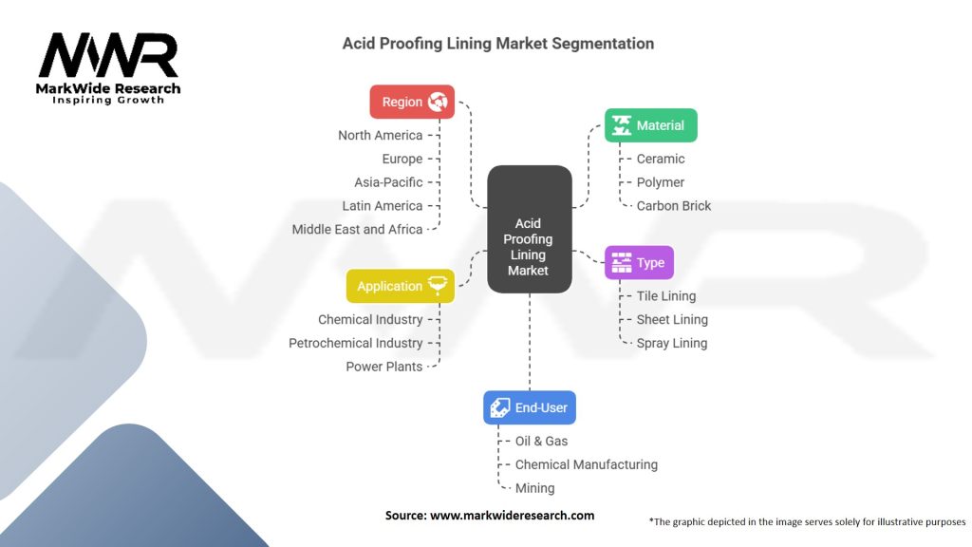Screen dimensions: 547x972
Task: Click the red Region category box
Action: [412, 102]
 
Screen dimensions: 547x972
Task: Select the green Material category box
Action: [650, 125]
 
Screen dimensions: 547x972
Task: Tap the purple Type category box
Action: [639, 263]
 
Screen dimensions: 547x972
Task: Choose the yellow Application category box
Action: [401, 286]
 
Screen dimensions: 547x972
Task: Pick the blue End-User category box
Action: [530, 407]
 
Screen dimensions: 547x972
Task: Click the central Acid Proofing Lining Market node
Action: [529, 228]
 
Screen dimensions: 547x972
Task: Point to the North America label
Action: [380, 135]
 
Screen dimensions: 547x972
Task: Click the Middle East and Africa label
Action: [357, 229]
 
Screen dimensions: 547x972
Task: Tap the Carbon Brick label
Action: [674, 205]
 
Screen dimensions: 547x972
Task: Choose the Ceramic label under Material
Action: [661, 159]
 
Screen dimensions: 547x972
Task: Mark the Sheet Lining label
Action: [672, 319]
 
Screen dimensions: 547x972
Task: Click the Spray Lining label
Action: [672, 343]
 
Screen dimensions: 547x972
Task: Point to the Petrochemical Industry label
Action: [356, 343]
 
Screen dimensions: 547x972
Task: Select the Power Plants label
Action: [384, 367]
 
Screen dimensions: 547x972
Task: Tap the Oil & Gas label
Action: [541, 441]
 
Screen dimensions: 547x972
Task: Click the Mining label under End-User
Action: [534, 488]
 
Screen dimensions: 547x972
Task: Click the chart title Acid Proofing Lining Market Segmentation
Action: [497, 44]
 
